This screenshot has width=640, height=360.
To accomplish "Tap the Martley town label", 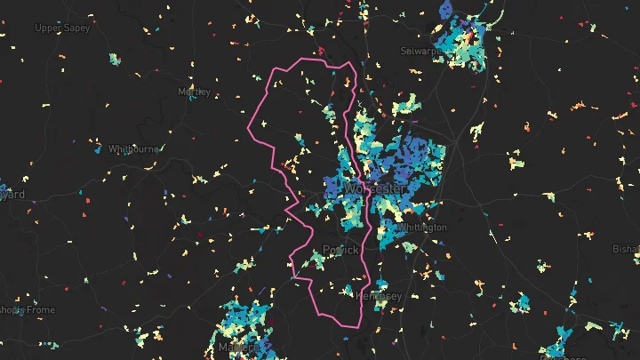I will click(194, 92).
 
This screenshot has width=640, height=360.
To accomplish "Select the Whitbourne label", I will click(132, 149).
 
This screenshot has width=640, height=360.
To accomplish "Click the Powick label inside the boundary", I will click(340, 250).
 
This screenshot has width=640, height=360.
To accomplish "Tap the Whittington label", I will click(421, 228).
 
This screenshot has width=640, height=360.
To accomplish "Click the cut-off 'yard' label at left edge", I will click(12, 194).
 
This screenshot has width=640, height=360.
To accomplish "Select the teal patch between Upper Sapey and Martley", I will click(114, 60).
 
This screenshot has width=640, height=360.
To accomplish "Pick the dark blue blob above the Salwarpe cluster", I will click(447, 11).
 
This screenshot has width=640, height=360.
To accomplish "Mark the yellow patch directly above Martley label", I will click(191, 77).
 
